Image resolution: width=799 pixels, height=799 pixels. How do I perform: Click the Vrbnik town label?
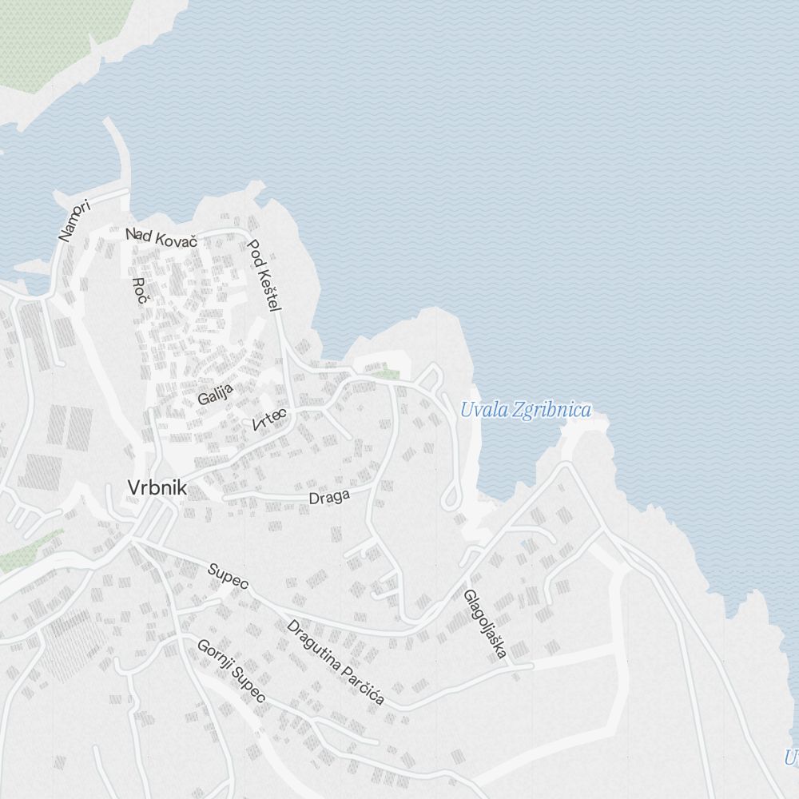(157, 487)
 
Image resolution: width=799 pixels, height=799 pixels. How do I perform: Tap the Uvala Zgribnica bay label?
(526, 411)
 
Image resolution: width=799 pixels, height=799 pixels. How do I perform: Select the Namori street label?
(76, 221)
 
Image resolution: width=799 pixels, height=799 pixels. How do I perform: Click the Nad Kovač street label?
(161, 237)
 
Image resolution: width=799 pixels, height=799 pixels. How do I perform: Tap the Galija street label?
(215, 393)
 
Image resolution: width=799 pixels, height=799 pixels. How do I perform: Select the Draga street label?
(329, 497)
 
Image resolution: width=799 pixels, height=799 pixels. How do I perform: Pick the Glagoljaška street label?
(485, 624)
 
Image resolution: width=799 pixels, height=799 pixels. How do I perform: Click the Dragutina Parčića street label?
(336, 662)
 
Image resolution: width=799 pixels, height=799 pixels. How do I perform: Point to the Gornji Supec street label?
(231, 671)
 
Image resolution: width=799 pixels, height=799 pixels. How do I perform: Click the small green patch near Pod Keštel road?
(388, 372)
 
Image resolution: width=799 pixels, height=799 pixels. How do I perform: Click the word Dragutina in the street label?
(313, 643)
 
